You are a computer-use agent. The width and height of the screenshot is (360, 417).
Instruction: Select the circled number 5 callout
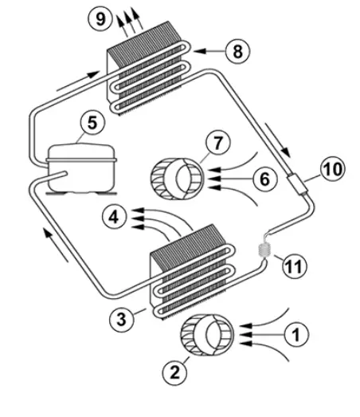pyautogui.click(x=92, y=124)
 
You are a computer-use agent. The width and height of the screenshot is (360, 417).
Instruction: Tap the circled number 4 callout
pyautogui.click(x=115, y=215)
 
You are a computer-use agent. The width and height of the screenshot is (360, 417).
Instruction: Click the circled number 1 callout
pyautogui.click(x=295, y=333)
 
